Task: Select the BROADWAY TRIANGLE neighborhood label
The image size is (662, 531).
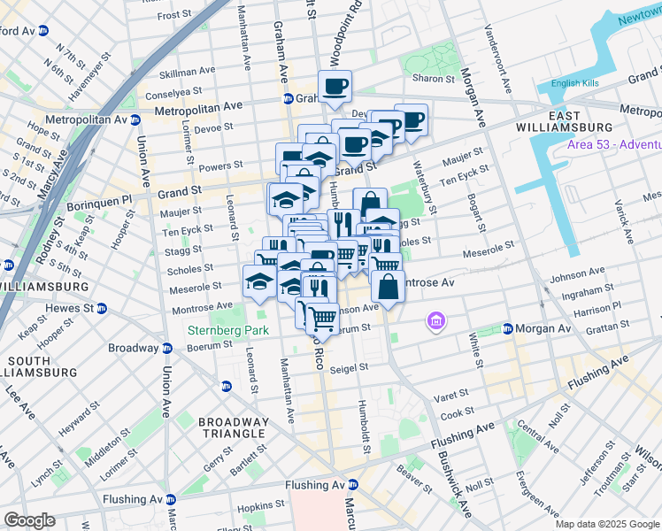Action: coord(231,427)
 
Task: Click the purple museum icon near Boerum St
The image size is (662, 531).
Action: coord(435,320)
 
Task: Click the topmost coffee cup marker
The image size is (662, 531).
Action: coord(335,87)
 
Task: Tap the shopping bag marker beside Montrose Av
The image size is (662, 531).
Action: coord(388,286)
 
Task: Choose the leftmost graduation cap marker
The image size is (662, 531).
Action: coord(258,282)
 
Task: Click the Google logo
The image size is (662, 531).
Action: coord(29,520)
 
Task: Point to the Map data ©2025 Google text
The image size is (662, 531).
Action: coord(607,524)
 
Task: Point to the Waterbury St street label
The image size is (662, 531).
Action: coord(424,187)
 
